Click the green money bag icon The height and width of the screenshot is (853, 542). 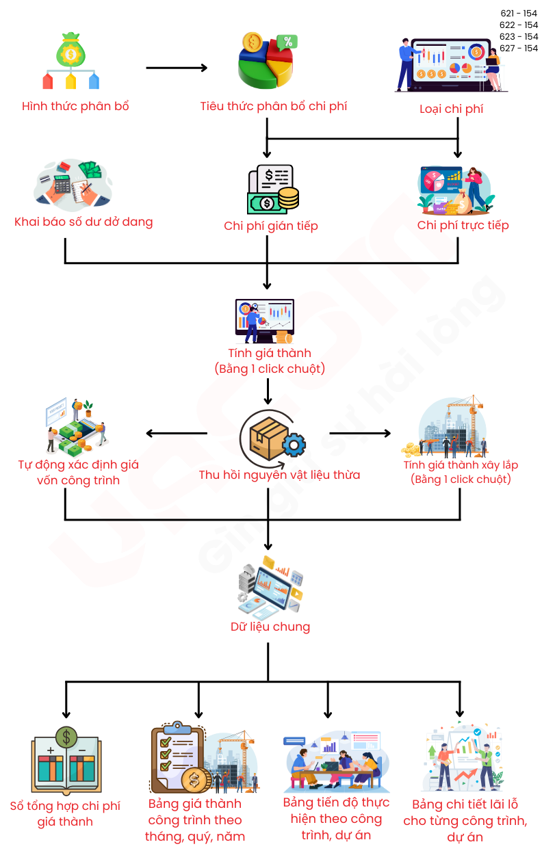(x=70, y=49)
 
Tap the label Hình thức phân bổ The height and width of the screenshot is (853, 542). (x=75, y=106)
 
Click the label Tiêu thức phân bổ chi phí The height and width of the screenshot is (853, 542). (x=274, y=106)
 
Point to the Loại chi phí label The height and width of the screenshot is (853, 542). (x=452, y=109)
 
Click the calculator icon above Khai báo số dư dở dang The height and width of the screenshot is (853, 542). (x=63, y=184)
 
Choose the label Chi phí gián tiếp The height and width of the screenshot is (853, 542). (x=271, y=226)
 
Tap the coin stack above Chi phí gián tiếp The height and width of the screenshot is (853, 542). (x=288, y=198)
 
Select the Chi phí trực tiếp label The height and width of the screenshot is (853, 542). (x=463, y=225)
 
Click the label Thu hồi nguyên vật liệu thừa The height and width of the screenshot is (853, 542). (x=279, y=475)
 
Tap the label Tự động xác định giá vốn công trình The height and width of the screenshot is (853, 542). (x=78, y=473)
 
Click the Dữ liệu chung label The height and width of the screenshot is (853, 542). (x=270, y=627)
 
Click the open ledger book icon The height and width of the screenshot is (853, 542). (x=66, y=765)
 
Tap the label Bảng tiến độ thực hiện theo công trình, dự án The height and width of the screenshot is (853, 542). (x=336, y=819)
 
